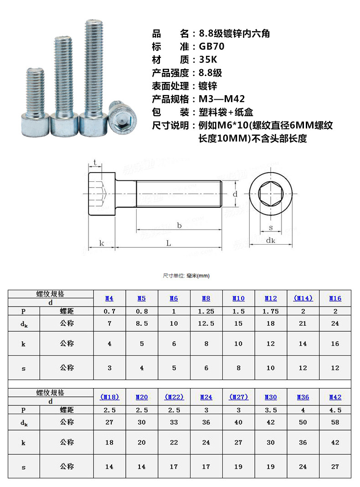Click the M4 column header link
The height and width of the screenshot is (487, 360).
pyautogui.click(x=109, y=298)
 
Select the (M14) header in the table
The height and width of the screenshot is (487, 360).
pyautogui.click(x=303, y=298)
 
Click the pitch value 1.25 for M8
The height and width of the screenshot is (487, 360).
pyautogui.click(x=206, y=312)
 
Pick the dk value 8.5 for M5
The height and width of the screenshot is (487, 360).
pyautogui.click(x=142, y=324)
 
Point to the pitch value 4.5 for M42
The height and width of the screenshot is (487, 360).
pyautogui.click(x=335, y=410)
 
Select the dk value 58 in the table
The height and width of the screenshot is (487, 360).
pyautogui.click(x=335, y=422)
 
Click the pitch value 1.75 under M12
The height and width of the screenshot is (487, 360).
pyautogui.click(x=271, y=312)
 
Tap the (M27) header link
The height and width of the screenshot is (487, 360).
pyautogui.click(x=238, y=397)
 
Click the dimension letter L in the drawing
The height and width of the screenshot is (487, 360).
pyautogui.click(x=169, y=244)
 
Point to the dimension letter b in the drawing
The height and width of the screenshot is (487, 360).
pyautogui.click(x=179, y=226)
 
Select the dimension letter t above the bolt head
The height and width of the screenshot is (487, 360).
pyautogui.click(x=94, y=163)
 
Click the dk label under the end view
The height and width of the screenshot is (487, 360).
pyautogui.click(x=271, y=241)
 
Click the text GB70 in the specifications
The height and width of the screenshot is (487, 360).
pyautogui.click(x=212, y=46)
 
